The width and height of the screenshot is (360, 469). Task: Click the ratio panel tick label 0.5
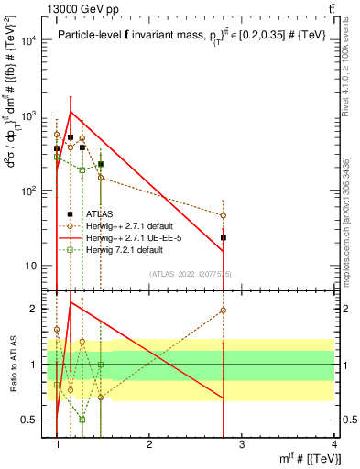(33, 420)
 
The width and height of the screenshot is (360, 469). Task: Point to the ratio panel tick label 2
(38, 309)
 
